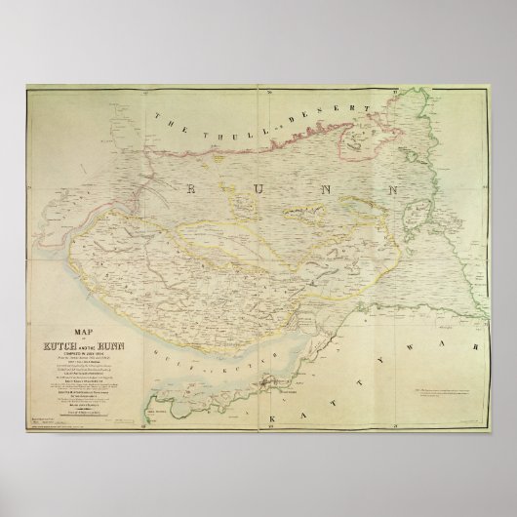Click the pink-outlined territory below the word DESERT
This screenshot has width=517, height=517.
click(x=352, y=145)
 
